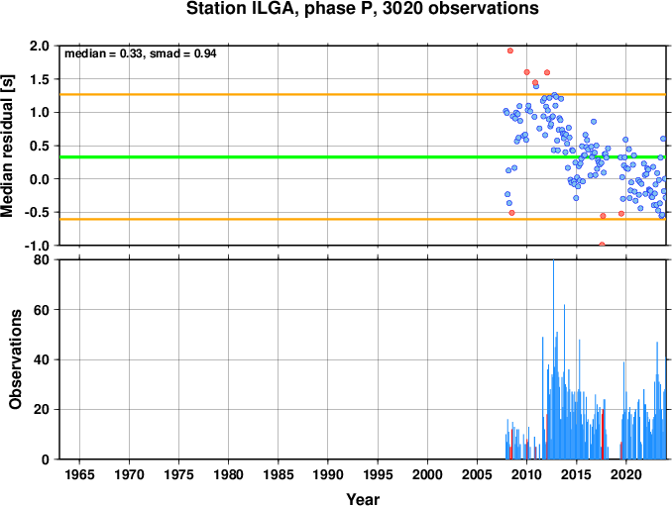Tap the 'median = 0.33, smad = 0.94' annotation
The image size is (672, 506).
[140, 53]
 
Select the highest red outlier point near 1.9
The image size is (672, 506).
[510, 51]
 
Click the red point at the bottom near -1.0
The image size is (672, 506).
[602, 245]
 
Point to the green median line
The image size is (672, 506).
[363, 157]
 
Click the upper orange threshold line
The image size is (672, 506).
[363, 95]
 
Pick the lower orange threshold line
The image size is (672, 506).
[363, 219]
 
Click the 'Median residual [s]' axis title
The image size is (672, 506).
[8, 146]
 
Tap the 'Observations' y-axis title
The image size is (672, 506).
[15, 359]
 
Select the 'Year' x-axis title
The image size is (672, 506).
[363, 499]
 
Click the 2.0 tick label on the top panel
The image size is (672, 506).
[40, 46]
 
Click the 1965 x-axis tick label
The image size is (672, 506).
[79, 474]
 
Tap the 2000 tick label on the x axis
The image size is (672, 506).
[427, 474]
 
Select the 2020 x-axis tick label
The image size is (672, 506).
[626, 474]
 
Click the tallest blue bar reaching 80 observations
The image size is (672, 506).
[553, 359]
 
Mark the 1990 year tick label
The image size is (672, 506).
[328, 474]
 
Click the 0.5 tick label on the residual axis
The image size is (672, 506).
[40, 146]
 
